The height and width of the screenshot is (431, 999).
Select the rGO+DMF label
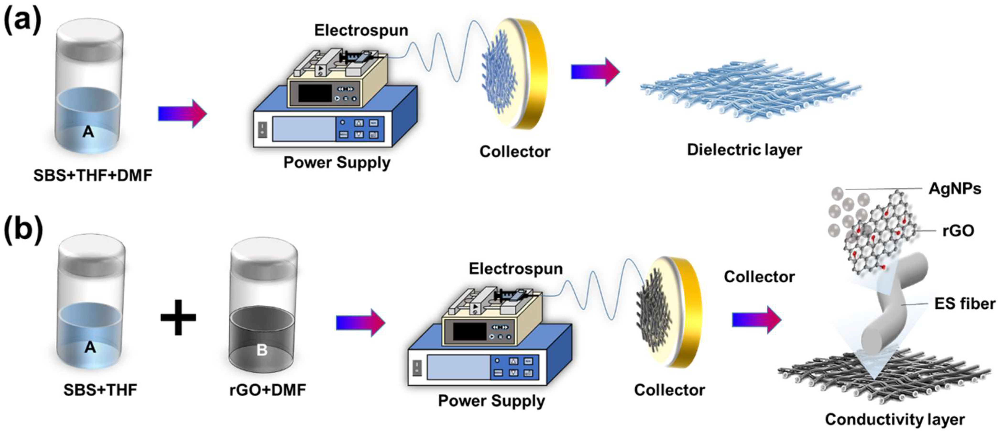267,389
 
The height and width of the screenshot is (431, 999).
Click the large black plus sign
178,317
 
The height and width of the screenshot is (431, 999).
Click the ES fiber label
965,303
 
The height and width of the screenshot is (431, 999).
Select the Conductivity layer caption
895,419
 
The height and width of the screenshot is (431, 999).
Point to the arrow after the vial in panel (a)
182,113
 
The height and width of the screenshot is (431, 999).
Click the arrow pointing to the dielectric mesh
595,72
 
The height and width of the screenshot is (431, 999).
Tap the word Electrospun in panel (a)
361,30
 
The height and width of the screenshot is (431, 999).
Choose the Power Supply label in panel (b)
491,400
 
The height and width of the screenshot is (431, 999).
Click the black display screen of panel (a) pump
315,93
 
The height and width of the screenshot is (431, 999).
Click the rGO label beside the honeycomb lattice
958,231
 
